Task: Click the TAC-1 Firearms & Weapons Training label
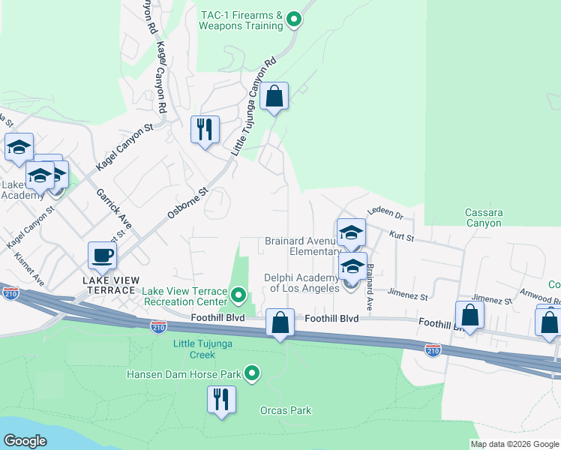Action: [241, 20]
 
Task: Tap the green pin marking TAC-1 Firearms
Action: [295, 19]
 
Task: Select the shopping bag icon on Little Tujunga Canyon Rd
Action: [274, 97]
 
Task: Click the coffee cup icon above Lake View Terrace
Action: [103, 256]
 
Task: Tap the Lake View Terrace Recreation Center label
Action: [184, 296]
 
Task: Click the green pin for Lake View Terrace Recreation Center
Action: [238, 295]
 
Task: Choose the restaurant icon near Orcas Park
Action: [220, 399]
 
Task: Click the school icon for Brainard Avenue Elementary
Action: [350, 232]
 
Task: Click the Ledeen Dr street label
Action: [385, 215]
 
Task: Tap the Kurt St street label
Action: [402, 236]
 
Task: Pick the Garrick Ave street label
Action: [113, 208]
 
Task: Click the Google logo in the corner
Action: [25, 440]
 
